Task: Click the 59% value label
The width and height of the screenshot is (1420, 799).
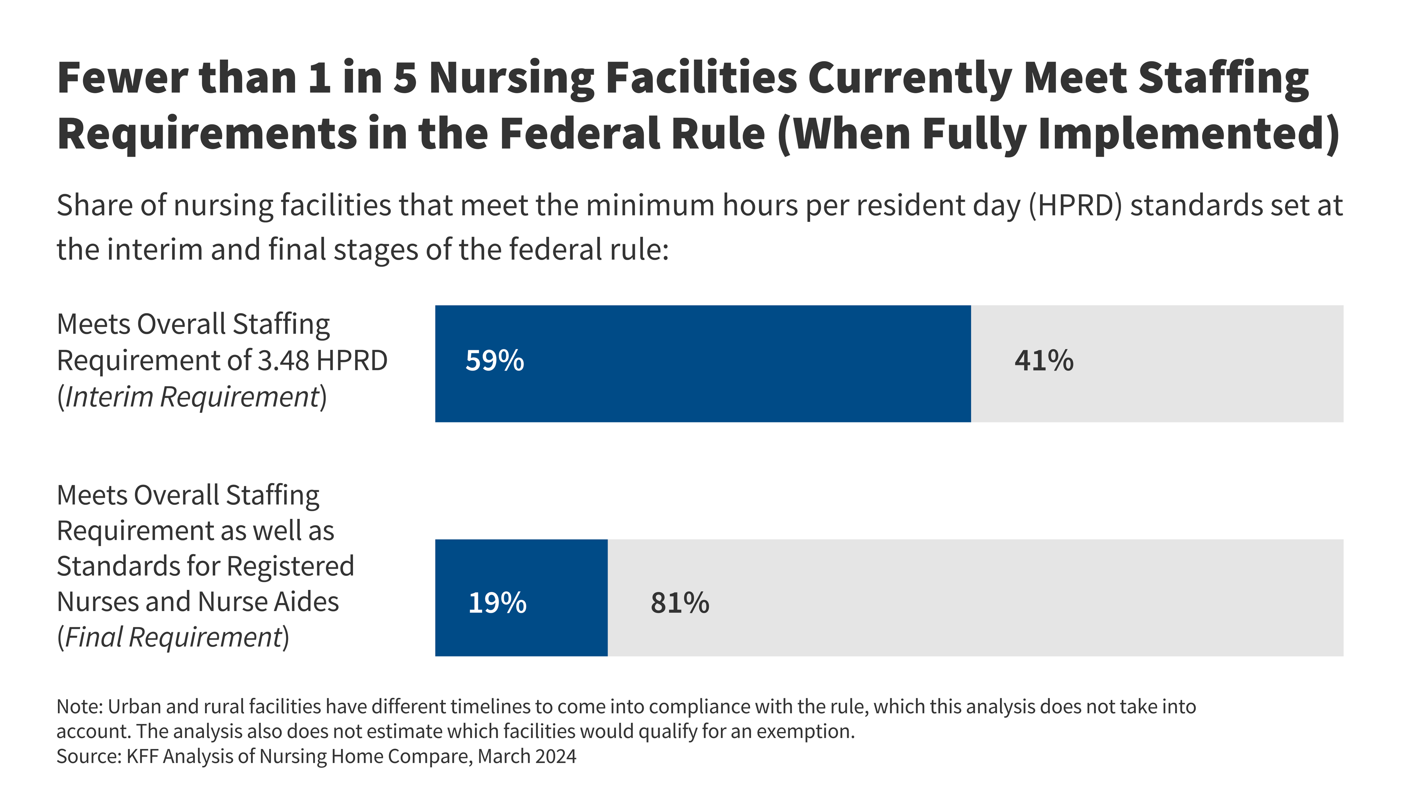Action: pos(494,361)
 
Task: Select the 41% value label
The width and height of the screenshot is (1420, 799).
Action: pos(1043,361)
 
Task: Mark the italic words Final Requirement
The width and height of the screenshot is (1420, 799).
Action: pos(174,637)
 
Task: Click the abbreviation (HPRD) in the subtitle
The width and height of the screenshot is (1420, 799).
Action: pos(1075,206)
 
